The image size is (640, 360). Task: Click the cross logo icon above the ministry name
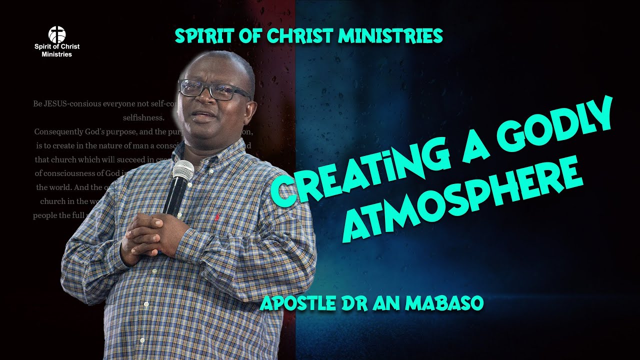[x=56, y=34]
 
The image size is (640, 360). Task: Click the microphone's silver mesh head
[x=183, y=171]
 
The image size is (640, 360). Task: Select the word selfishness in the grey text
[x=144, y=118]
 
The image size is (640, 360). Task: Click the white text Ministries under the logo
[x=56, y=54]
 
